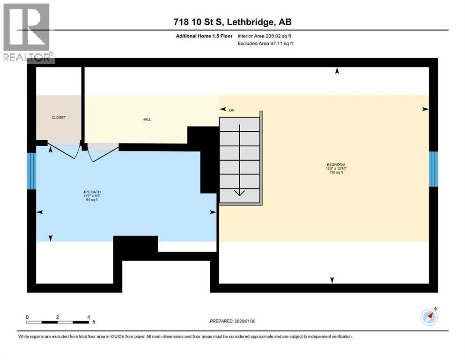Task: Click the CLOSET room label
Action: point(59,118)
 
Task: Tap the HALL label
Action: point(147,120)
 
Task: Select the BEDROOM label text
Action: point(336,165)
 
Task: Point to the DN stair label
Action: point(231,110)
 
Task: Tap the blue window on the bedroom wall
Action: point(434,169)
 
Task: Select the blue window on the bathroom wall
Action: point(31,171)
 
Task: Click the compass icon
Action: point(429,317)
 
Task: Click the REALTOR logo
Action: point(27,33)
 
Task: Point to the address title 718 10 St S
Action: point(232,22)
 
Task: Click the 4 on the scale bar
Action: point(89,317)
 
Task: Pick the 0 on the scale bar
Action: point(28,317)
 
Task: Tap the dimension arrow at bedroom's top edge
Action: point(336,71)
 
